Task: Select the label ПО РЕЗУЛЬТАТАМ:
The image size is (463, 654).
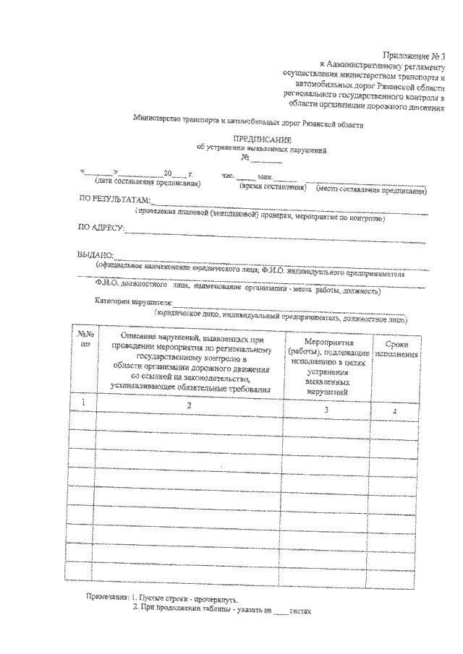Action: coord(114,199)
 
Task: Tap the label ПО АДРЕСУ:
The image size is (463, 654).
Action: coord(101,228)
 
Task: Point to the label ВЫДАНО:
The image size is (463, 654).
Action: coord(95,255)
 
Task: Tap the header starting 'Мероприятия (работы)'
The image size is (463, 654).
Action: coord(327,365)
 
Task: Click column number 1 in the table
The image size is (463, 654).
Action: coord(85,402)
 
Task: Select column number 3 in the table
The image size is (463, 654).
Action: coord(327,409)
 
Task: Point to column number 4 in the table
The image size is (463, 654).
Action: coord(395,410)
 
